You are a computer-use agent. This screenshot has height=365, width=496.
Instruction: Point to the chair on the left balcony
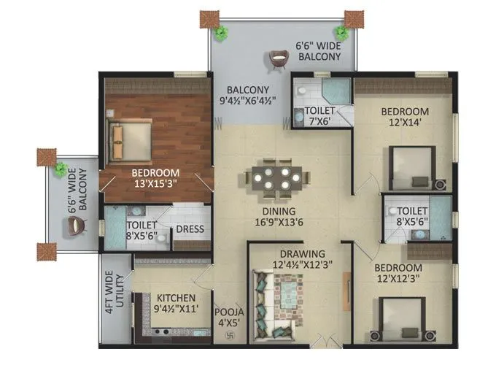point(77,227)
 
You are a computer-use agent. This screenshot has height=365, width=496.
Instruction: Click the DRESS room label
point(190,229)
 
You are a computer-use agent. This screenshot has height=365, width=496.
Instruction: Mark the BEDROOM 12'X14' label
point(405,117)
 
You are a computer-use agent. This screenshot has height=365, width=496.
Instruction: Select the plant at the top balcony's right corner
point(341,31)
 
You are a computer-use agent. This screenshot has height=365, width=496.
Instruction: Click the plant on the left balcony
point(63,169)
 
